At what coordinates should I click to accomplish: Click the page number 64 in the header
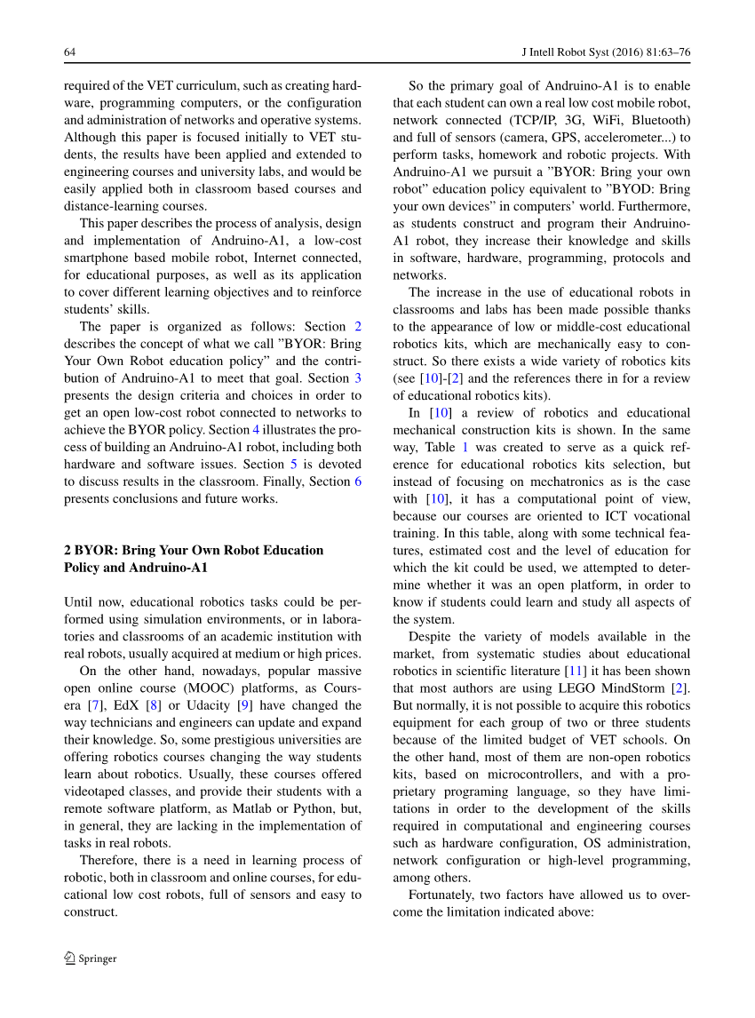pos(69,52)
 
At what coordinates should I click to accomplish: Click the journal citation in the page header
pos(604,52)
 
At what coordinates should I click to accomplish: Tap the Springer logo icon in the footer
pos(70,958)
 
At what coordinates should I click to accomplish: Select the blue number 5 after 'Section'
pos(295,464)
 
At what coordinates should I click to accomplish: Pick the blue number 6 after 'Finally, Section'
pos(358,481)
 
